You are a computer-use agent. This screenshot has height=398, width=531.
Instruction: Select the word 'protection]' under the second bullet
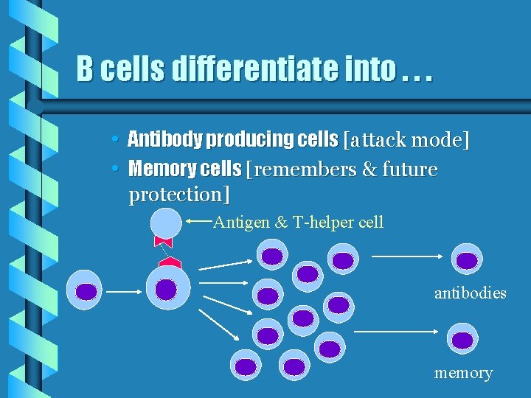179,195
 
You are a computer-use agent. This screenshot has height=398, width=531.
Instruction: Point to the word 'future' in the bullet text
409,170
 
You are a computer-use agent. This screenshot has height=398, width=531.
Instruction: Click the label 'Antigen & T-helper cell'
298,223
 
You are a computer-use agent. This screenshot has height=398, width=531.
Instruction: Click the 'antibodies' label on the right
470,293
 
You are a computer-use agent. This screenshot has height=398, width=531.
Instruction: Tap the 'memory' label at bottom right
463,373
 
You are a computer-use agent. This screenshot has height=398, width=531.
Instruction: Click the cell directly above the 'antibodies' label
466,259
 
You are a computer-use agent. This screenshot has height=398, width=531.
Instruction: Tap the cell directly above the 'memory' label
462,340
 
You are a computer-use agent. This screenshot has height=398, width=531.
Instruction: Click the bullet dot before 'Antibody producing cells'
118,139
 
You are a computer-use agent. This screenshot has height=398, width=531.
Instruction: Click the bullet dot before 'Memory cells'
118,170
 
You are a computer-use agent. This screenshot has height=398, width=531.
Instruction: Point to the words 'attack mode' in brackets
406,139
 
